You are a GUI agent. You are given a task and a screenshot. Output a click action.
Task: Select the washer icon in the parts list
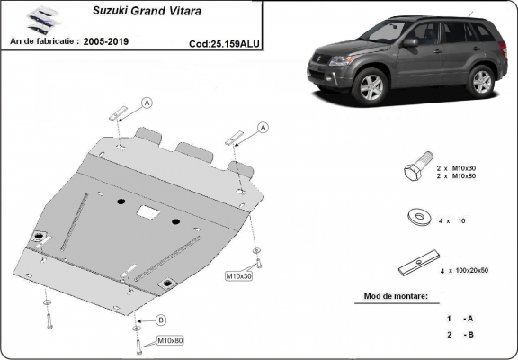pos(415,216)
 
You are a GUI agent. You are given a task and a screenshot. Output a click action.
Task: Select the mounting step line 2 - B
pos(459,335)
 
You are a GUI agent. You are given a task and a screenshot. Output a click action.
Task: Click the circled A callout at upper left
pos(147,102)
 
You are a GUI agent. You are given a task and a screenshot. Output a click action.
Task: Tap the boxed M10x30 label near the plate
pos(238,275)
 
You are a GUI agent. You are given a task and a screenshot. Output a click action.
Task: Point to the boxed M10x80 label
pos(171,340)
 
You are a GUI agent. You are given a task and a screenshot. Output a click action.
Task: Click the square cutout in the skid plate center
pos(147,211)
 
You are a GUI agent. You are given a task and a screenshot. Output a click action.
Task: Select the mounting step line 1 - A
pos(459,318)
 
